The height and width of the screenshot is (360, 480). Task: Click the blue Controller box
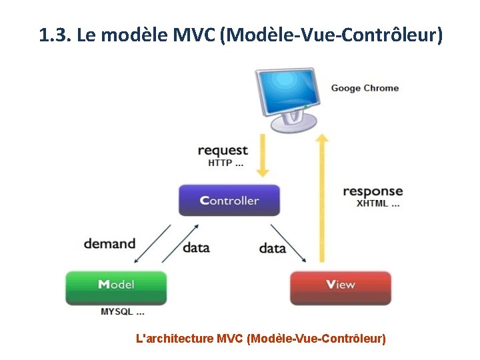(x=229, y=200)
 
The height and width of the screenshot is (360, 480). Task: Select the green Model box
(x=116, y=287)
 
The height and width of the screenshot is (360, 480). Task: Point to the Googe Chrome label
(x=365, y=88)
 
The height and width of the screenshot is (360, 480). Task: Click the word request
(x=223, y=151)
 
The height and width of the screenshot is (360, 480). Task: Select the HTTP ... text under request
(x=225, y=163)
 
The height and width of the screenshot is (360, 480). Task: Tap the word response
(x=373, y=192)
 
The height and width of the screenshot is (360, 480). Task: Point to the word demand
(x=109, y=243)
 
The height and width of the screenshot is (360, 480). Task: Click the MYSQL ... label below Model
(x=123, y=311)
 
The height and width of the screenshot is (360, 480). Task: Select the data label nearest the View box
(x=272, y=248)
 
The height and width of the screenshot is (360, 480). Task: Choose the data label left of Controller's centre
(x=196, y=247)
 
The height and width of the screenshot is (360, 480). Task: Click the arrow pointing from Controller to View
(x=289, y=243)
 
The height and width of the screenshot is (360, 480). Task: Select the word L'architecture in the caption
(x=175, y=339)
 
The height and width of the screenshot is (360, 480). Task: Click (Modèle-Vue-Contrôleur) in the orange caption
(x=316, y=339)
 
